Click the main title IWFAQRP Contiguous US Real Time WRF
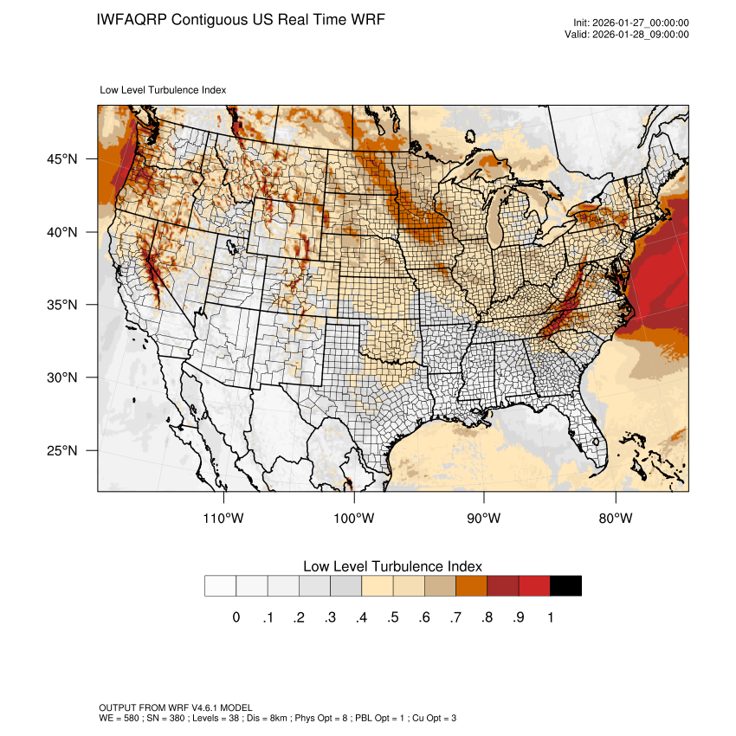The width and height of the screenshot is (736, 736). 241,19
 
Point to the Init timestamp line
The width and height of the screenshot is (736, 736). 631,23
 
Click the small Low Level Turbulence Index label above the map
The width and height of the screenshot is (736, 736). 164,89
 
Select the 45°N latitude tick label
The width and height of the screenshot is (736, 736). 61,159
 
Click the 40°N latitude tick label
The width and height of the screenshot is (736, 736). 61,232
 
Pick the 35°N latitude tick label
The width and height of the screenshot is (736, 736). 61,305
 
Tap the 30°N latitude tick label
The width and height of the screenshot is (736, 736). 61,378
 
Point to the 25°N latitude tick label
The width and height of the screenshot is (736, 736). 61,450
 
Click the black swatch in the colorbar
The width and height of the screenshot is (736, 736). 565,586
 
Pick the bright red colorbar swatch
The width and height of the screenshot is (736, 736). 534,586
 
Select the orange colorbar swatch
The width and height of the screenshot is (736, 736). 471,586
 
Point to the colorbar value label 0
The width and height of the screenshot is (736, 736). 236,617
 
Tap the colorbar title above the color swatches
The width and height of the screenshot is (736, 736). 392,565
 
